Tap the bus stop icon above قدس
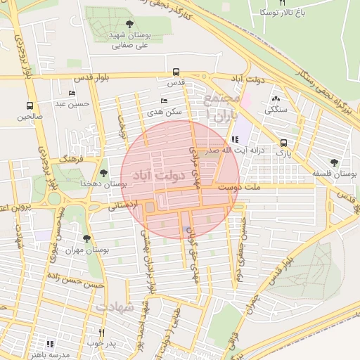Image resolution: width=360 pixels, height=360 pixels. point(175,72)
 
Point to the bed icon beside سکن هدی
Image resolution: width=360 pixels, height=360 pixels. point(164,101)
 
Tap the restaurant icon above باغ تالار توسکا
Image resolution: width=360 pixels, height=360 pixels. point(283,3)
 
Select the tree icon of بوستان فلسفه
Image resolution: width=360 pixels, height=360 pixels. point(334,162)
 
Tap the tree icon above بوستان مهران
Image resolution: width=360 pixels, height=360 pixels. point(86,238)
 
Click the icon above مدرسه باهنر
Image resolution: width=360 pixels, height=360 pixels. point(50,344)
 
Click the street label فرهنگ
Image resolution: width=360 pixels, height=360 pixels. point(71,160)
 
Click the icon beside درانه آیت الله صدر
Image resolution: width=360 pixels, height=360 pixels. point(235,139)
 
